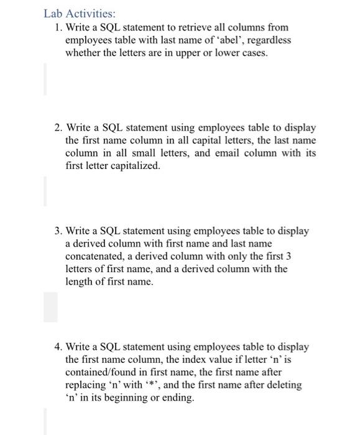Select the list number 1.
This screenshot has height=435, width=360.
(57, 28)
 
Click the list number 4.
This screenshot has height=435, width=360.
(57, 347)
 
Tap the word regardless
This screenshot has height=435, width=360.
(265, 40)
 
